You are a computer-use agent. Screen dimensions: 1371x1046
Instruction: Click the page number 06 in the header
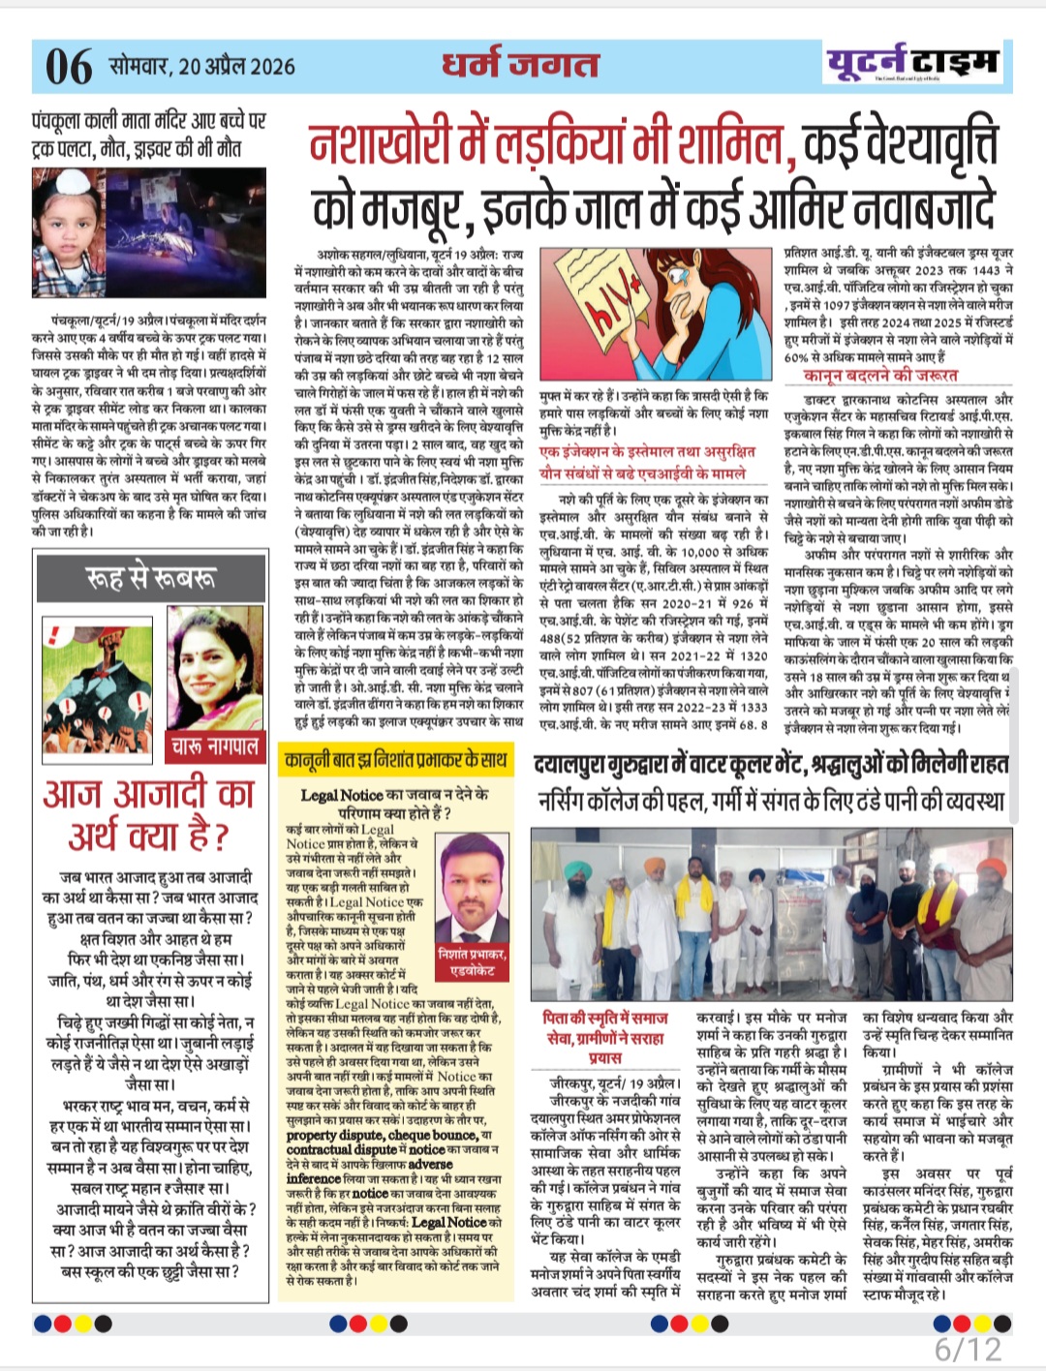pyautogui.click(x=69, y=66)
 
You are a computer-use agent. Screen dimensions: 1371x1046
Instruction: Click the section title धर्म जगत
pyautogui.click(x=520, y=64)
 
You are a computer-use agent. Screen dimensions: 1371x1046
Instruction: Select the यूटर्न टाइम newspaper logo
pyautogui.click(x=911, y=63)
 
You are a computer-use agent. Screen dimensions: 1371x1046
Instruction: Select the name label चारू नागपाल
pyautogui.click(x=215, y=746)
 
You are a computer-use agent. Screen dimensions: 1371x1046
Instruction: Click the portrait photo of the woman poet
pyautogui.click(x=215, y=674)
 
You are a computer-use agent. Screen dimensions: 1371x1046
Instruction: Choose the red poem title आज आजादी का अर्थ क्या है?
pyautogui.click(x=148, y=814)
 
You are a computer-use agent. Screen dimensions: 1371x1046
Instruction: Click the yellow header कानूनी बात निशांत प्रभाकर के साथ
pyautogui.click(x=395, y=760)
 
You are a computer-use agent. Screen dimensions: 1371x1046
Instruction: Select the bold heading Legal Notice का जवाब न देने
pyautogui.click(x=394, y=803)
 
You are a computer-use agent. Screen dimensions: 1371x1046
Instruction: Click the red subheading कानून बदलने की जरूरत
pyautogui.click(x=880, y=375)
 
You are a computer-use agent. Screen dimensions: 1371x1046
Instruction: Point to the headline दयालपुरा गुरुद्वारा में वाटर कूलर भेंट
pyautogui.click(x=770, y=765)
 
